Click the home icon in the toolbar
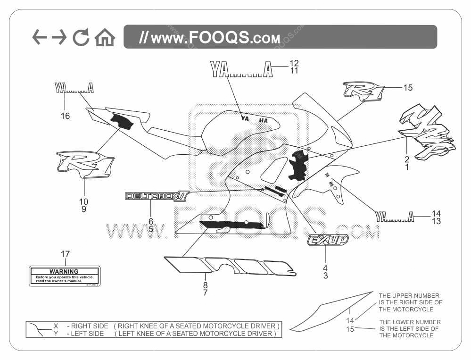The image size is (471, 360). point(105,38)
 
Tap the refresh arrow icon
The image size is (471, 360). point(81,38)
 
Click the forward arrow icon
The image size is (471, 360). point(59,37)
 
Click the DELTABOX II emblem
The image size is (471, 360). point(151,196)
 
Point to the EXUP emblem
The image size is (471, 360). point(328,240)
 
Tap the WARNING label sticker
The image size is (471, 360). point(65,276)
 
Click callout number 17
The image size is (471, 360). point(65,254)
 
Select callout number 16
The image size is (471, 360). point(66,116)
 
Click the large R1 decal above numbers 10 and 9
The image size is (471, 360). point(85,165)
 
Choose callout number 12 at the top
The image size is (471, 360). point(294,63)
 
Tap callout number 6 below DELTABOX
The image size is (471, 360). point(151,221)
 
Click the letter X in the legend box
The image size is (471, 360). point(56,326)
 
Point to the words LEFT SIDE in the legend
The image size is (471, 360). point(87,334)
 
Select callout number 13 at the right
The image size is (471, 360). point(436,221)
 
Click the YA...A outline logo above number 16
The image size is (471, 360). point(74,87)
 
